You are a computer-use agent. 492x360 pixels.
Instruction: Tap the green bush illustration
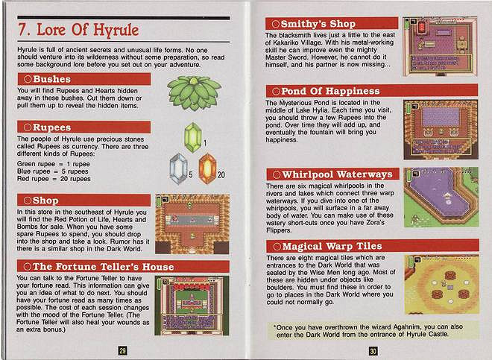194,92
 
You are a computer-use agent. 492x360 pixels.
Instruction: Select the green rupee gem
193,137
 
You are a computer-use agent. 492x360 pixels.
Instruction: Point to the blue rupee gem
179,168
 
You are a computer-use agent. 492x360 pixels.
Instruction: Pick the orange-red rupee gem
207,168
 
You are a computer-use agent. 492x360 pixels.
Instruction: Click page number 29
123,350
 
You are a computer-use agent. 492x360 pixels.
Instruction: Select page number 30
373,351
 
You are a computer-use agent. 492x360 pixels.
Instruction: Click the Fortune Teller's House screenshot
192,306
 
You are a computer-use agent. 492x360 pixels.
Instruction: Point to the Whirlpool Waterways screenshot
441,198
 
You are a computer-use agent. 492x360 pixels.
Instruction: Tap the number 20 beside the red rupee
221,175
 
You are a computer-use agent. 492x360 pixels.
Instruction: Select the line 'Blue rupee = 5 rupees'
53,171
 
